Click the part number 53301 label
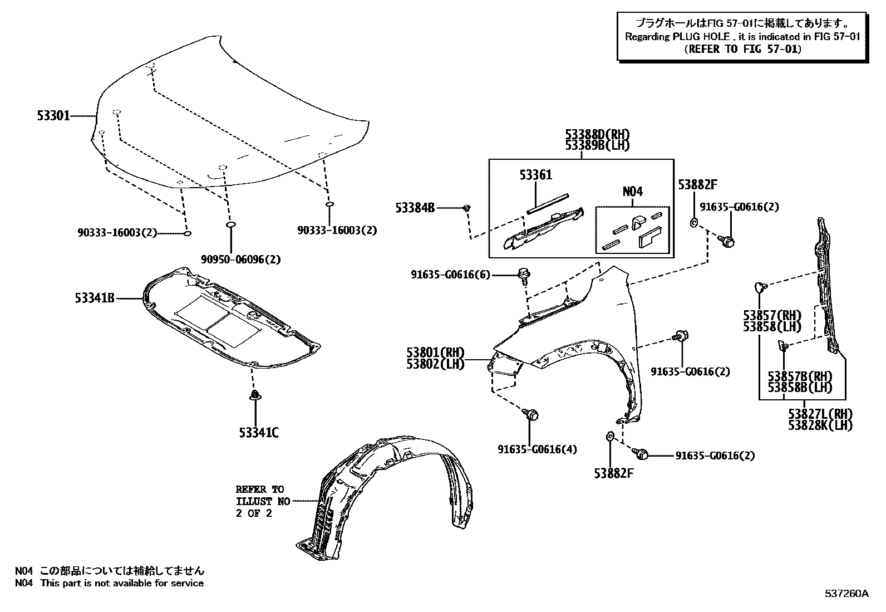click(x=53, y=116)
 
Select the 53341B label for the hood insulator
click(x=95, y=298)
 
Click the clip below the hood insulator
click(x=255, y=395)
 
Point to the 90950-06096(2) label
click(x=241, y=260)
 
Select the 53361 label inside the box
click(x=535, y=175)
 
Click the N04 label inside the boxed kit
click(x=632, y=192)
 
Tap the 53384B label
click(x=415, y=208)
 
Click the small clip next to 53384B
click(x=467, y=208)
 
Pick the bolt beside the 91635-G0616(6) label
click(x=524, y=274)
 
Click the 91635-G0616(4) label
click(x=530, y=449)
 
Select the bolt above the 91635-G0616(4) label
click(x=532, y=415)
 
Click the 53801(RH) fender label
click(x=435, y=352)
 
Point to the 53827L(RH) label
click(x=820, y=414)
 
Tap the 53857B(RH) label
click(x=799, y=376)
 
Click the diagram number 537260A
click(x=846, y=594)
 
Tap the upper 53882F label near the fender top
click(x=697, y=184)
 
